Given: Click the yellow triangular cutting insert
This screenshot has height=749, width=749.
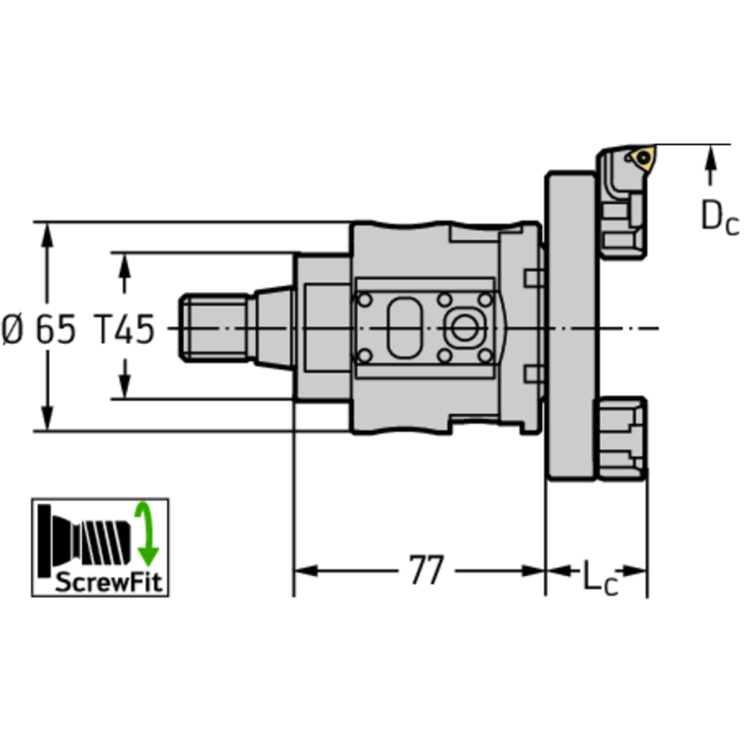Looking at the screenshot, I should (x=643, y=157).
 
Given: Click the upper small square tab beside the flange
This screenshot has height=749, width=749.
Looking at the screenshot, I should (x=533, y=277).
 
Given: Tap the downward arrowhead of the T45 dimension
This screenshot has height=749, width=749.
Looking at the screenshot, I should (x=124, y=388).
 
